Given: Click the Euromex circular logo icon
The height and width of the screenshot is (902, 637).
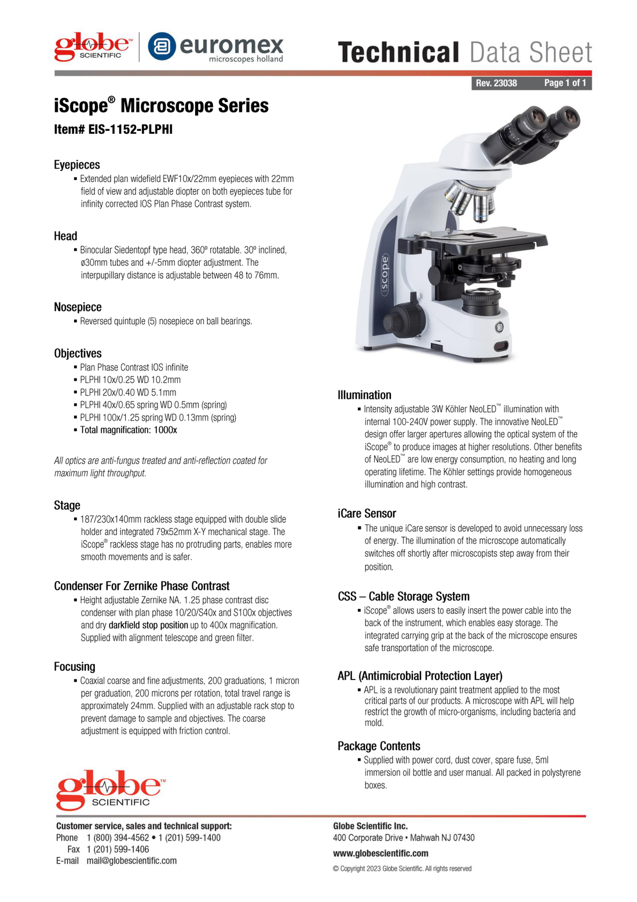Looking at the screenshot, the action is pos(162,46).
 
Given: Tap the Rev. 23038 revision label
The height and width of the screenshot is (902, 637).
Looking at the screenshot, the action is pos(496,83).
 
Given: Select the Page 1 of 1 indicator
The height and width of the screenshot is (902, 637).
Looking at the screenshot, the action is pos(565,83).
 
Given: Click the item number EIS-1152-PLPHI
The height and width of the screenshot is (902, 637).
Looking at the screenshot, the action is pos(113,130).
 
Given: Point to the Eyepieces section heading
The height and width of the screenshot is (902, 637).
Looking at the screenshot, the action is pos(77,165).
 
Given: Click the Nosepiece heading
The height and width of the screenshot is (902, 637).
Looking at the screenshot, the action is pos(78,307).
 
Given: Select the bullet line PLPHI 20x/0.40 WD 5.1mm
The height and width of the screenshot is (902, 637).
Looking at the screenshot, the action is pos(128,393).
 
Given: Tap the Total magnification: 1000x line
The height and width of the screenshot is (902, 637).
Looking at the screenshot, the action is pos(129,430).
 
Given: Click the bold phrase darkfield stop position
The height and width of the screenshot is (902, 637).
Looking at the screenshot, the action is pos(148,625).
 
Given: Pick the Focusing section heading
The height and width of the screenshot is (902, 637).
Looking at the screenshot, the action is pos(75,667).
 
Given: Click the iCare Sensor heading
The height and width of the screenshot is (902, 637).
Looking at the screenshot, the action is pos(367,514).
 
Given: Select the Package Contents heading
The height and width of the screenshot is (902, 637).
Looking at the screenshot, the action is pos(379,746).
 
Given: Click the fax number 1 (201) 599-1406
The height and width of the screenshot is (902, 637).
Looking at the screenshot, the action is pos(118,849).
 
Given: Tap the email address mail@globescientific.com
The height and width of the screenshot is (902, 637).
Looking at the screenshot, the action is pos(131,861).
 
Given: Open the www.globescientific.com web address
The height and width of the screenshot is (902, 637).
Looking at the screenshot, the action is pos(380,853).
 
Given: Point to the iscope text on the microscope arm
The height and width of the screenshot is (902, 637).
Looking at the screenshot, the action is pos(385,275).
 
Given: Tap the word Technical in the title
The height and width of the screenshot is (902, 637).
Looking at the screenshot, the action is pos(398,52).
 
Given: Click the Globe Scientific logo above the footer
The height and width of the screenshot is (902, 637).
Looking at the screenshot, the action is pos(111,790).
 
